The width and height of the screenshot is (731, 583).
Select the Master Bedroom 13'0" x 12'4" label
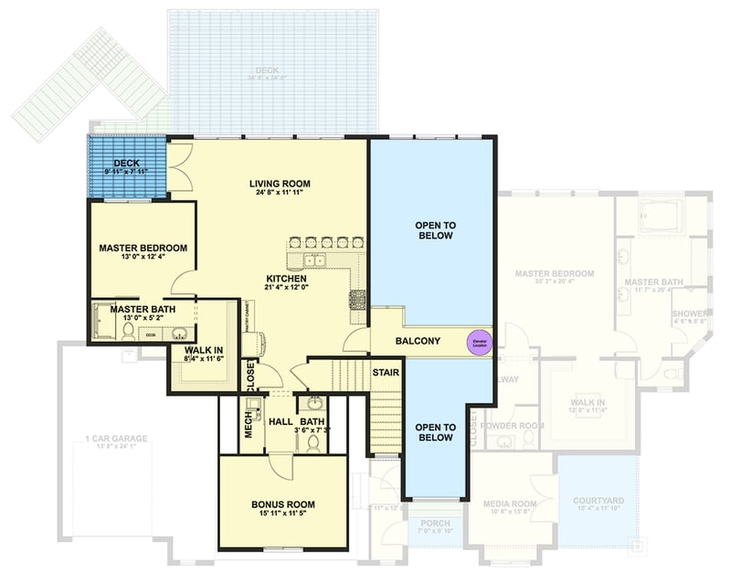(143, 248)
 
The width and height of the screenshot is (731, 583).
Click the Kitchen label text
(287, 278)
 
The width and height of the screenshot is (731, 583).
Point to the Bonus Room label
(282, 504)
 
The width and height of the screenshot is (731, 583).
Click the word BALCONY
(418, 342)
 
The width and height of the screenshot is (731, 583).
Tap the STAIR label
(385, 373)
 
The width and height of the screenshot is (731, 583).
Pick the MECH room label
(248, 421)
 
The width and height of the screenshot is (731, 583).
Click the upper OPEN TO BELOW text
(435, 229)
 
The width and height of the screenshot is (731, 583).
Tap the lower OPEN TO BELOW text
(435, 431)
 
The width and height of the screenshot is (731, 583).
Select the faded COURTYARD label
(599, 501)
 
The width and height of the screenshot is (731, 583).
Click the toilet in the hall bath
(313, 441)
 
